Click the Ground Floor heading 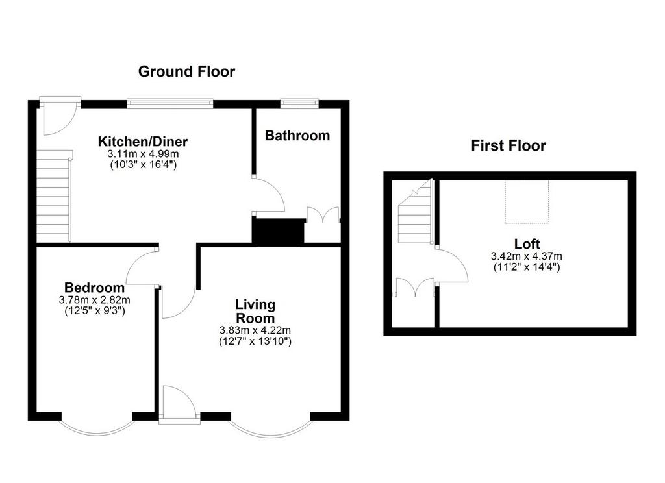(186, 71)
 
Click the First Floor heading (508, 146)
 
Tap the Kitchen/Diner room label (143, 142)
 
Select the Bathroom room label (297, 136)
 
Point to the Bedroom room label (95, 288)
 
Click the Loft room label (527, 244)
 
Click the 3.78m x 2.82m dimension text (95, 300)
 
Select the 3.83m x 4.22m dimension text (255, 330)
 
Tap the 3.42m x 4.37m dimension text (527, 256)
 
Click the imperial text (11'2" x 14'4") (527, 267)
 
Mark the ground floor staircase (55, 195)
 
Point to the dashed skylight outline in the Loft (527, 202)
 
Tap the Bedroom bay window (97, 427)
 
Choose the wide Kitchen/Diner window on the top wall (170, 103)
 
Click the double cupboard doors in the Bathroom (323, 215)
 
